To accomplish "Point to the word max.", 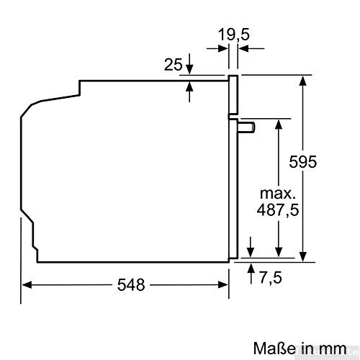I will click(276, 194).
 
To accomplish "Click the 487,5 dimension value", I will click(277, 210).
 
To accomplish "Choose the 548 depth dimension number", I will click(131, 284).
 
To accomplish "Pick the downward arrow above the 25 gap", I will click(189, 68).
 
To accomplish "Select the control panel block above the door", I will click(233, 94).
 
